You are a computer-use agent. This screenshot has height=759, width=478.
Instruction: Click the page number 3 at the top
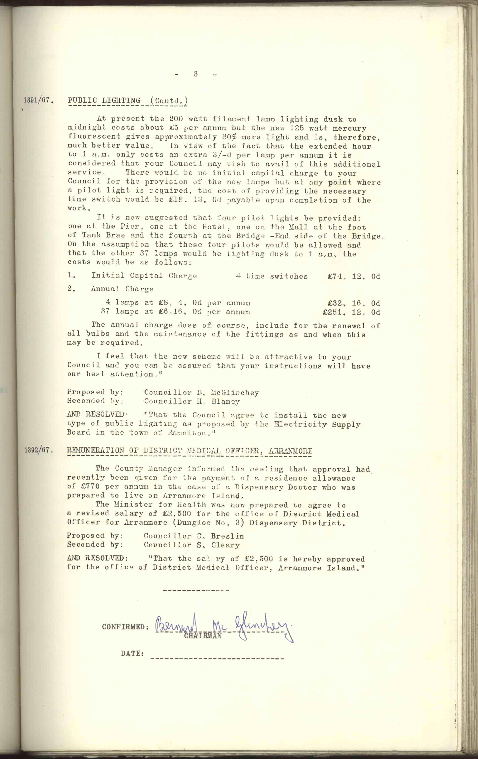tap(196, 74)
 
